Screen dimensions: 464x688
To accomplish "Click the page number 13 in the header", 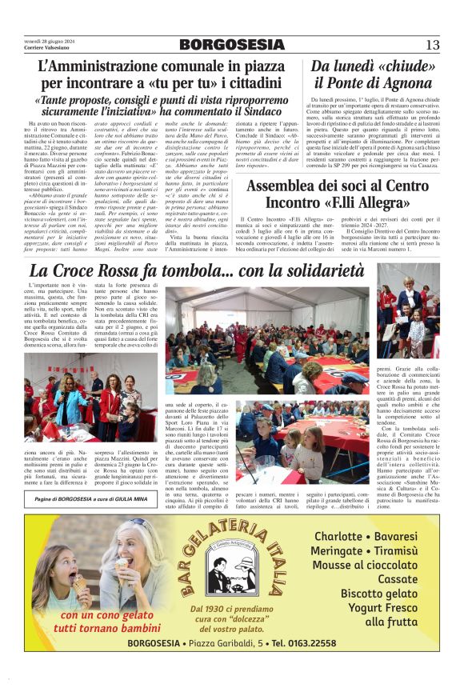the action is click(x=433, y=44).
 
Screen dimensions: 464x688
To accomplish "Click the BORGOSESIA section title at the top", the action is click(x=232, y=44).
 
